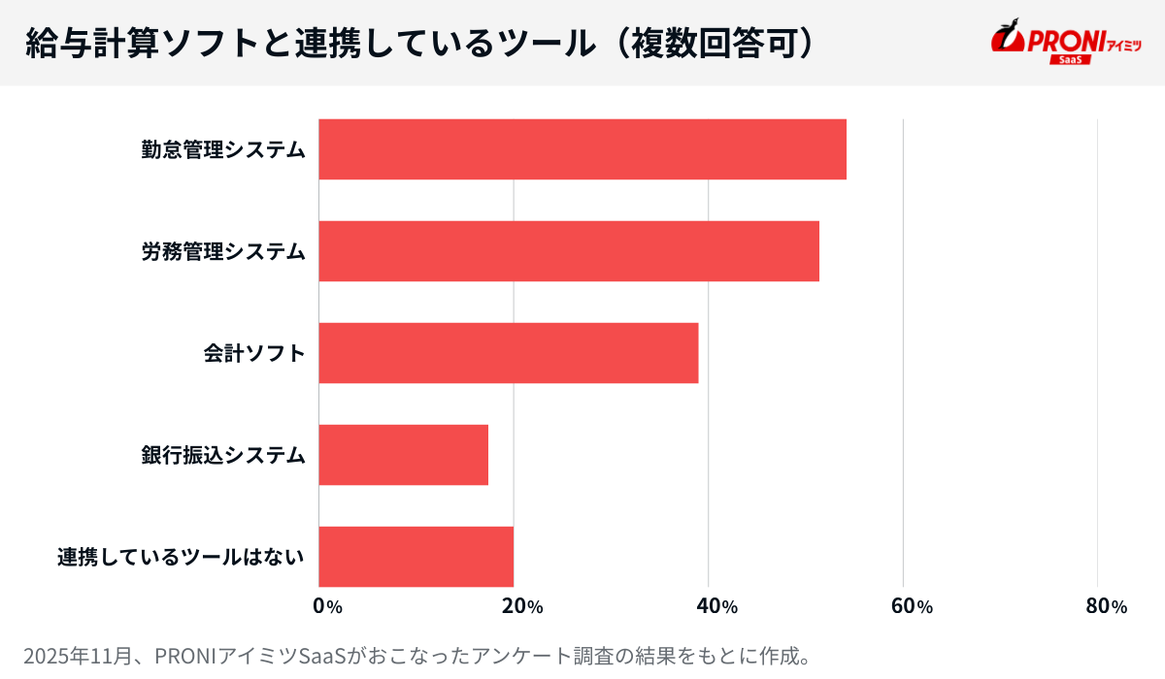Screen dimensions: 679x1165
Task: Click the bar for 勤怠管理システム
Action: click(x=582, y=149)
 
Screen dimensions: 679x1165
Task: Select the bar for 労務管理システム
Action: click(x=569, y=251)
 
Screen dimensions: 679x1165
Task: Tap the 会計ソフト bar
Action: click(x=509, y=353)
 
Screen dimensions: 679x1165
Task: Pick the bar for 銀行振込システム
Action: click(x=404, y=455)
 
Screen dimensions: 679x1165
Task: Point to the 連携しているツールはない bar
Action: click(x=416, y=557)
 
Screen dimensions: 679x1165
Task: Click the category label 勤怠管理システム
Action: click(x=223, y=149)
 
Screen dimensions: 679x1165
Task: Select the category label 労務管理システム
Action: click(x=223, y=251)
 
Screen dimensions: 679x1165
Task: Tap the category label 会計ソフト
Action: click(x=254, y=353)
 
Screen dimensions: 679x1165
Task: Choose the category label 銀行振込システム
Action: click(x=223, y=455)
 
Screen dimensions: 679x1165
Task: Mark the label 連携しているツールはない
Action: click(x=181, y=557)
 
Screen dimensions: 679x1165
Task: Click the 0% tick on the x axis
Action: click(x=327, y=607)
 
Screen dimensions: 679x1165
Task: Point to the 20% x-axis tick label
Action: click(x=522, y=607)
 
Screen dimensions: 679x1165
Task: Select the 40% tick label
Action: click(x=717, y=607)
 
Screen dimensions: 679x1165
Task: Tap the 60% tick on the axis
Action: click(x=912, y=607)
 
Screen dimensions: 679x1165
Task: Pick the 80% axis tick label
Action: click(x=1107, y=607)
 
